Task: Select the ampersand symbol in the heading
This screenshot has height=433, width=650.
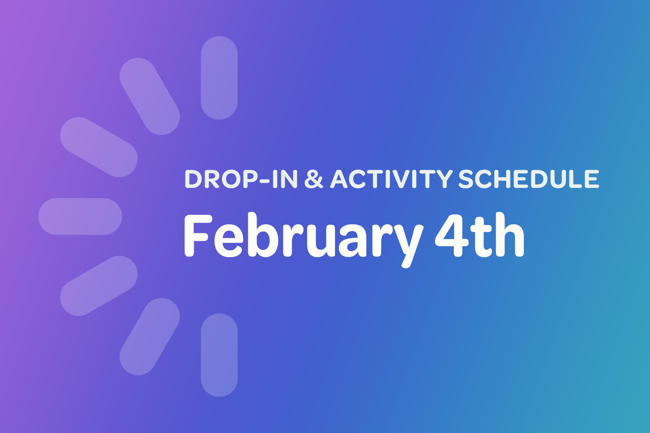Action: pyautogui.click(x=314, y=179)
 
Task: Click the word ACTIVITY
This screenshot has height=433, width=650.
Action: pyautogui.click(x=391, y=179)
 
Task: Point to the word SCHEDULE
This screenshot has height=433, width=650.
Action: pyautogui.click(x=529, y=179)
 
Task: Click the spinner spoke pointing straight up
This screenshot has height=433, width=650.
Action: pyautogui.click(x=219, y=78)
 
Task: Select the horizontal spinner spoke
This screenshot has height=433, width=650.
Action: pyautogui.click(x=80, y=216)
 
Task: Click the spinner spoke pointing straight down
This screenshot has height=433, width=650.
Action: pyautogui.click(x=219, y=355)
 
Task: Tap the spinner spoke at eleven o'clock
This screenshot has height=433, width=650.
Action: pyautogui.click(x=149, y=96)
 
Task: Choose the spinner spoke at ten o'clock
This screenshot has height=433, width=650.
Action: pyautogui.click(x=99, y=147)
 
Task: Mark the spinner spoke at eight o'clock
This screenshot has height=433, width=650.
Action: pyautogui.click(x=99, y=286)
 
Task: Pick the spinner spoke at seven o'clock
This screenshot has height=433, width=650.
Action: pyautogui.click(x=149, y=336)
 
